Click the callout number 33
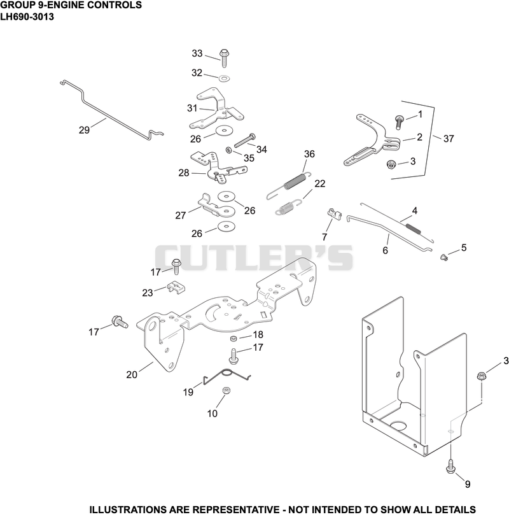click(197, 53)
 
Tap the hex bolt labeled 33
click(225, 58)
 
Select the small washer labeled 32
click(225, 78)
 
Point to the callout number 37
click(449, 139)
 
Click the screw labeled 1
click(400, 121)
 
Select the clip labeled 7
click(335, 214)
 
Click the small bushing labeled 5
click(444, 257)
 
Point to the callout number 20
click(132, 374)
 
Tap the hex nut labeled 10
click(226, 390)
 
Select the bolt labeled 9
click(450, 465)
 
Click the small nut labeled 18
click(234, 338)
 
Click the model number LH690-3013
click(27, 17)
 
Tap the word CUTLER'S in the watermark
click(254, 257)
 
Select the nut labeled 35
click(228, 150)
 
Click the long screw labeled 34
click(245, 141)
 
